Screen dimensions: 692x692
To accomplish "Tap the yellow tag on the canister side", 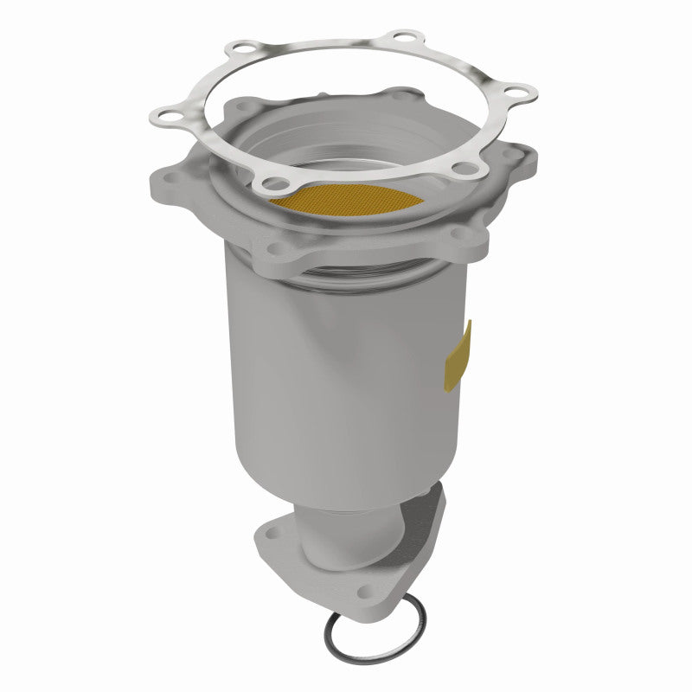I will coord(458,355).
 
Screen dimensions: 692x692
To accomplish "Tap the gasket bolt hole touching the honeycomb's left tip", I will coord(275,183).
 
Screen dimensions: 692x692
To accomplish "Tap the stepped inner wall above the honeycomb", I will coord(346,147).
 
